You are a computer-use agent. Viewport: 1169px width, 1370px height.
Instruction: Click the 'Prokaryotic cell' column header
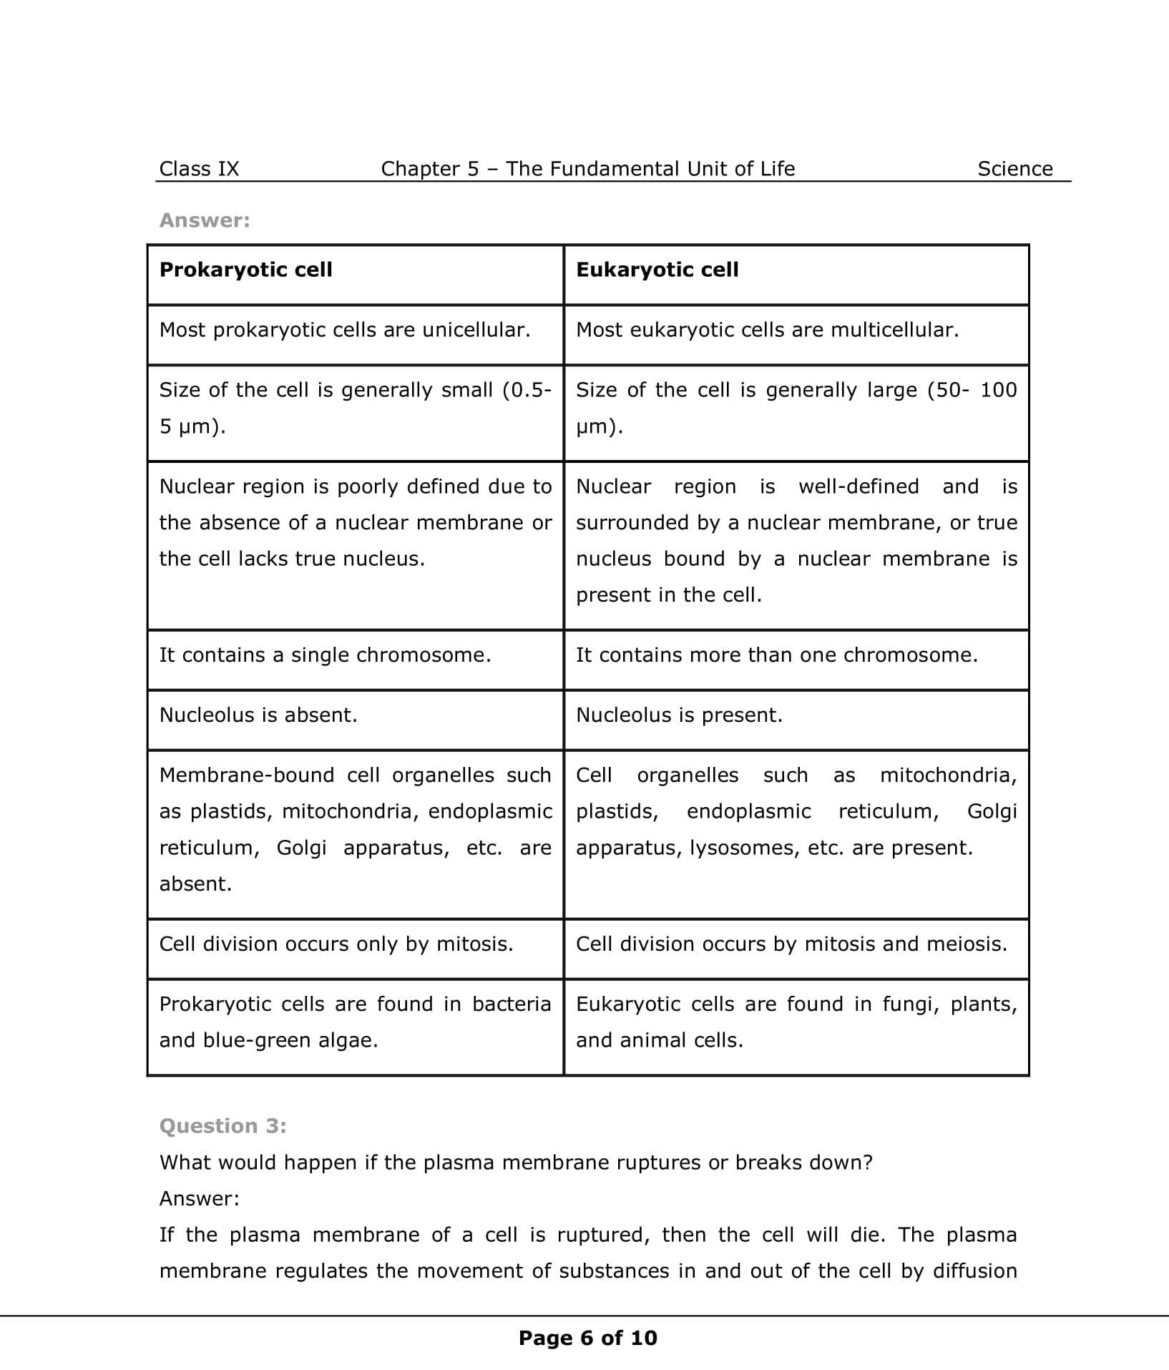(245, 270)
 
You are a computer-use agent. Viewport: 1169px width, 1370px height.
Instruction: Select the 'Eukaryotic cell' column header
(657, 270)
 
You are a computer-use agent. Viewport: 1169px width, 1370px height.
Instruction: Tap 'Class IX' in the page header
(199, 169)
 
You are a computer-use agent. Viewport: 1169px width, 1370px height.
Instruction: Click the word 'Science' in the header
(1014, 169)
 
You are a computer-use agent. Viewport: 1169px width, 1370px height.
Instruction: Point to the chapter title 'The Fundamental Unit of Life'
(650, 169)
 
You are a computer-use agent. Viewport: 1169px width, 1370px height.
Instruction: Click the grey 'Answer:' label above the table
(205, 220)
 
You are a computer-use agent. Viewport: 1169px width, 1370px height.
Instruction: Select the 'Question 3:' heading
(222, 1126)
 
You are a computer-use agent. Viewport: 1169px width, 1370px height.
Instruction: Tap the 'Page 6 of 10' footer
(587, 1338)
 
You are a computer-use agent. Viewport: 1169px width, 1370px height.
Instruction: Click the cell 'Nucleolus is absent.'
(258, 715)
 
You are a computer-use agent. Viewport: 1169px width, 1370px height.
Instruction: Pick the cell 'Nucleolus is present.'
(679, 715)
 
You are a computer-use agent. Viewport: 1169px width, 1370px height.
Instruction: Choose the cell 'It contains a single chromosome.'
(325, 655)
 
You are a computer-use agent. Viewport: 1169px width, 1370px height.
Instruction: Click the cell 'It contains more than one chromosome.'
(776, 655)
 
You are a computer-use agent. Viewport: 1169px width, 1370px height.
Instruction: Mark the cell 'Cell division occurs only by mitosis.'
(336, 944)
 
